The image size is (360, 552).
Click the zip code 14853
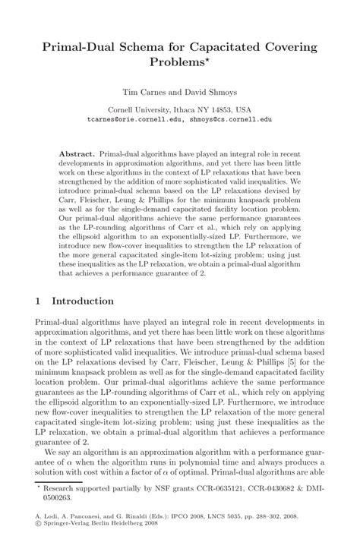[219, 109]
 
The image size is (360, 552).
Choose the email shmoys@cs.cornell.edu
[231, 119]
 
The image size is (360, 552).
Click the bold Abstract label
[77, 153]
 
